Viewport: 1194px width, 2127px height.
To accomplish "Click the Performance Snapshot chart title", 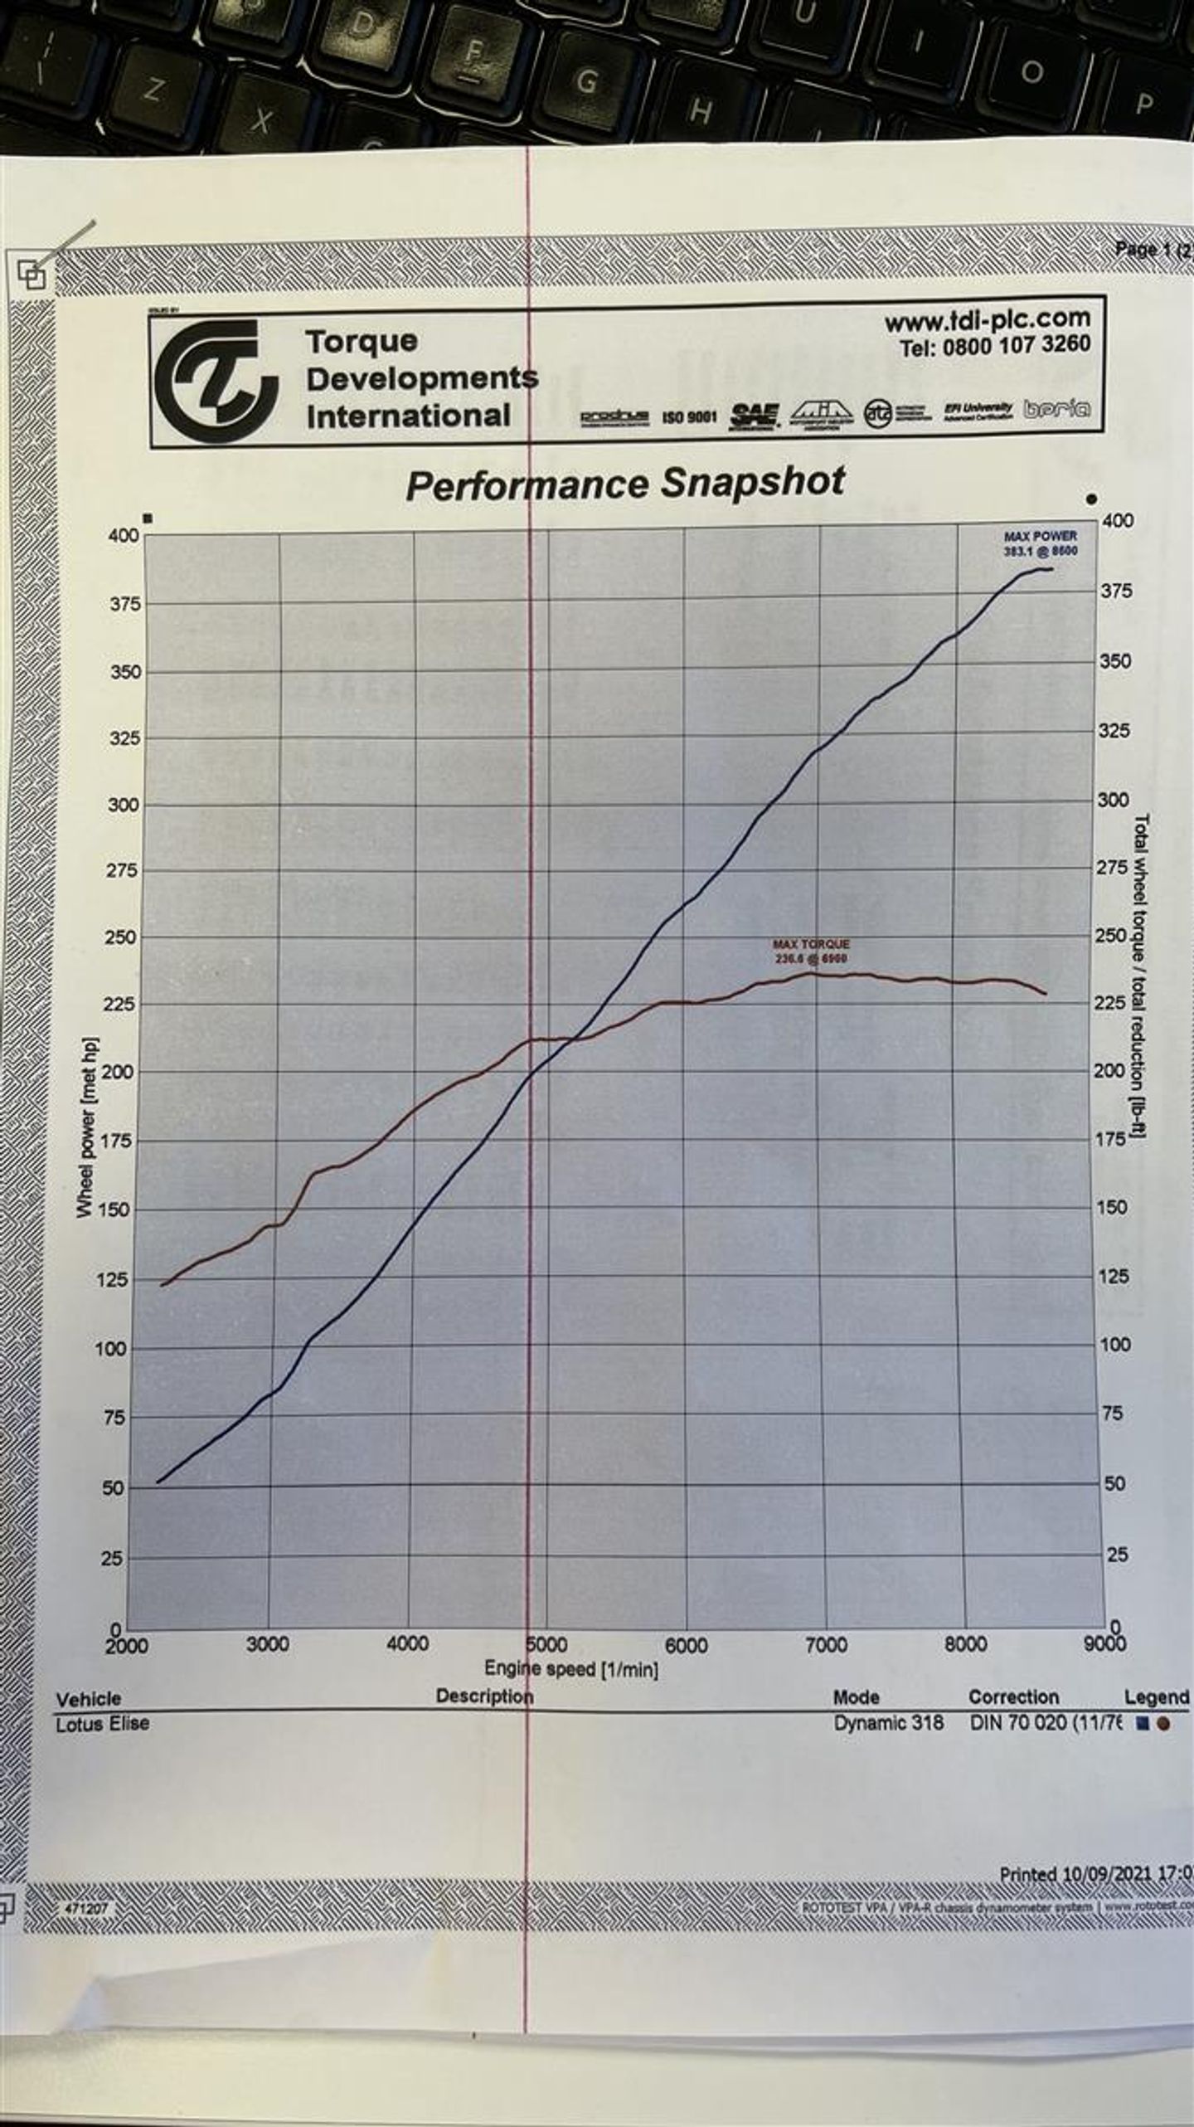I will click(x=625, y=484).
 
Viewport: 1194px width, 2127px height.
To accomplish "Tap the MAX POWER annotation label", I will click(x=1041, y=543).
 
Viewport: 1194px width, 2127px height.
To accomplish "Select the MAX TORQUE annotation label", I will click(x=811, y=951).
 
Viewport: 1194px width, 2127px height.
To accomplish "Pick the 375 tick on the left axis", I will click(x=125, y=604).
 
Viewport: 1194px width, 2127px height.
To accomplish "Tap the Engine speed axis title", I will click(x=571, y=1668).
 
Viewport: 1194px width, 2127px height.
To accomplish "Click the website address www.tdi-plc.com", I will click(x=987, y=319).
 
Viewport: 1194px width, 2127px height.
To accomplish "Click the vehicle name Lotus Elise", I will click(x=103, y=1724).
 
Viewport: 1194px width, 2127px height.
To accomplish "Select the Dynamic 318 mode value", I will click(x=888, y=1723).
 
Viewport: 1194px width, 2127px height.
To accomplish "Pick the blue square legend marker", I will click(x=1143, y=1724).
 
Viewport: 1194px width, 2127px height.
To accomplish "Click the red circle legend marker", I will click(x=1163, y=1724).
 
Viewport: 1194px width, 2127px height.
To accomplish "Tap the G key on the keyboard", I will click(x=586, y=80).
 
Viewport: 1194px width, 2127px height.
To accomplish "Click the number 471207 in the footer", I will click(x=85, y=1909).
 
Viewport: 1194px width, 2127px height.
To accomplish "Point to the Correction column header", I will click(x=1013, y=1697).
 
